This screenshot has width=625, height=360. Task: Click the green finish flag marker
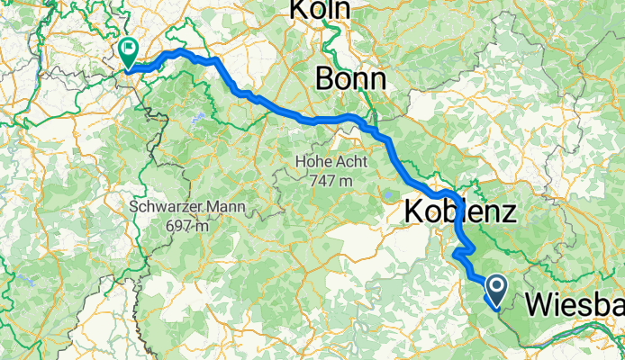pyautogui.click(x=127, y=51)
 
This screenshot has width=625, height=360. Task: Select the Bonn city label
pyautogui.click(x=350, y=79)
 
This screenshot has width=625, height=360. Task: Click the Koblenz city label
pyautogui.click(x=459, y=212)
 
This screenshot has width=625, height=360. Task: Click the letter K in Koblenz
pyautogui.click(x=413, y=212)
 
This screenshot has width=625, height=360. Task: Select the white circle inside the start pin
pyautogui.click(x=495, y=283)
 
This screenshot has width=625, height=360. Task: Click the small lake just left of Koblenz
pyautogui.click(x=386, y=193)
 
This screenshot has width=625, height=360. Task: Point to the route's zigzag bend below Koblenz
pyautogui.click(x=463, y=251)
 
